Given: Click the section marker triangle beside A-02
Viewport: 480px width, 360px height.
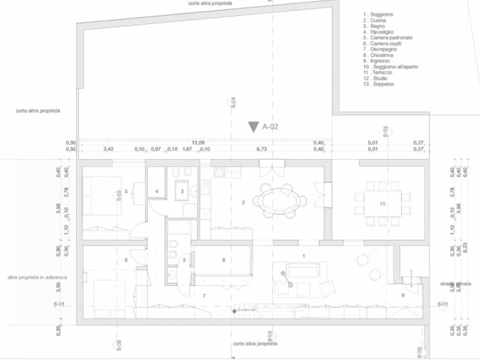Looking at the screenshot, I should pyautogui.click(x=254, y=127).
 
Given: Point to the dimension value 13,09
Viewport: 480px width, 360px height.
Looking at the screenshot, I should pyautogui.click(x=198, y=142).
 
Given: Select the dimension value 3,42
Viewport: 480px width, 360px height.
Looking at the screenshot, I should pyautogui.click(x=108, y=149).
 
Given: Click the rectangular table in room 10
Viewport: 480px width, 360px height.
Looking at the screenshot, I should pyautogui.click(x=381, y=204).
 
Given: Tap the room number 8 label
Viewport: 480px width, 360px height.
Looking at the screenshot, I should pyautogui.click(x=224, y=260).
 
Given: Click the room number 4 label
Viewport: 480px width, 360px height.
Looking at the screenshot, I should pyautogui.click(x=157, y=191).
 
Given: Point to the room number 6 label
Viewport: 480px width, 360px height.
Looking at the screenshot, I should pyautogui.click(x=126, y=260).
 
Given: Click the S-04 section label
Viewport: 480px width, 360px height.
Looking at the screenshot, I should pyautogui.click(x=234, y=103).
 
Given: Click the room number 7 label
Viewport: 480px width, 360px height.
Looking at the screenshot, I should pyautogui.click(x=204, y=295).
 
